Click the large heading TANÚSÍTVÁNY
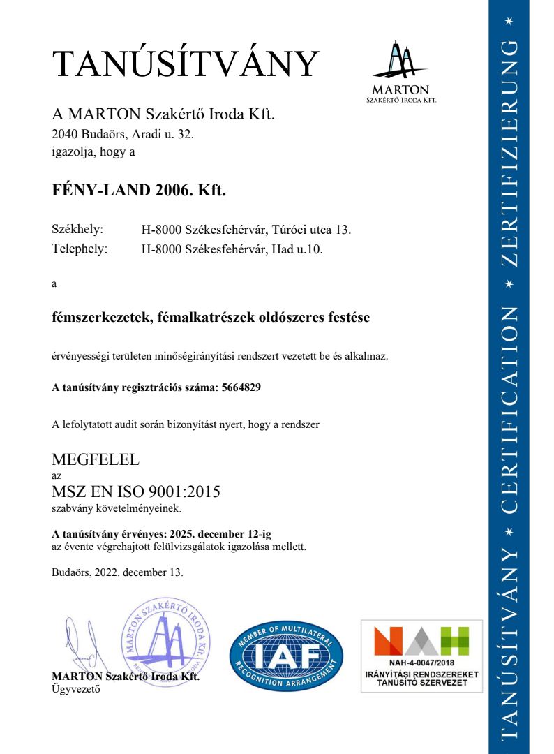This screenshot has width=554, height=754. [x=186, y=64]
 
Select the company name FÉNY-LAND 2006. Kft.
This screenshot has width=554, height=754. [x=139, y=191]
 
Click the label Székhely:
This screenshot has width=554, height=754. [x=77, y=229]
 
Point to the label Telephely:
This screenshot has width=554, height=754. [x=80, y=249]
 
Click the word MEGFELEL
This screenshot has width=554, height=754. [x=96, y=459]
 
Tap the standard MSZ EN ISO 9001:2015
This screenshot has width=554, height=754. [x=136, y=491]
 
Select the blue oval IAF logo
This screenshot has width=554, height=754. [x=286, y=656]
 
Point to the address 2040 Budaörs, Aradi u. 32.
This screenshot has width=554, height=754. [x=122, y=134]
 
